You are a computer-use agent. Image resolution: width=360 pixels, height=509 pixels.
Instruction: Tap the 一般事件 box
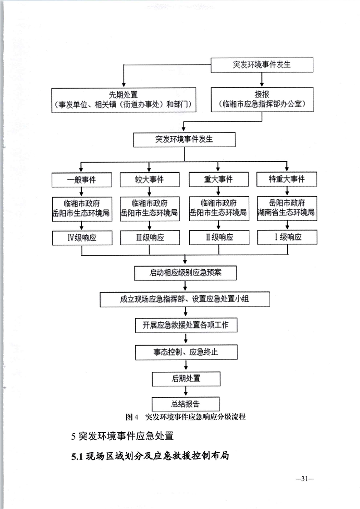[81, 179]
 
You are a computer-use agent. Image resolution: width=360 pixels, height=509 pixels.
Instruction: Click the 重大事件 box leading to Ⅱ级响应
[218, 179]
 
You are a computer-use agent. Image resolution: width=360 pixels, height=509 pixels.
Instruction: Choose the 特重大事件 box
[286, 179]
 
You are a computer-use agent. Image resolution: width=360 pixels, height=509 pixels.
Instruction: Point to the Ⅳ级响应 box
[81, 237]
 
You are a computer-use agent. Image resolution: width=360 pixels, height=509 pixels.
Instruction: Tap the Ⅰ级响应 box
[286, 237]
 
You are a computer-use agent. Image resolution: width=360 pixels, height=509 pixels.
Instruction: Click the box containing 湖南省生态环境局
[286, 208]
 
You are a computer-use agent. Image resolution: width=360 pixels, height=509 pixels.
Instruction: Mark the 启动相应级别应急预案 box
[185, 273]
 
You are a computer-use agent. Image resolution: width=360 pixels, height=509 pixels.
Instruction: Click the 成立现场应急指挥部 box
[185, 299]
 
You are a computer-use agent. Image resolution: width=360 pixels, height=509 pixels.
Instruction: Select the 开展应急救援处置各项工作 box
[185, 326]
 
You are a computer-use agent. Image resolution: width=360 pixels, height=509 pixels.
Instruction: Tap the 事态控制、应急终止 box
[185, 352]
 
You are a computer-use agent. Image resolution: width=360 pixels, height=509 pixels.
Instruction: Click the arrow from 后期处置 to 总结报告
[185, 391]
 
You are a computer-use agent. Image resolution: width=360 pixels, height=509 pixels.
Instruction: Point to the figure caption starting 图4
[185, 417]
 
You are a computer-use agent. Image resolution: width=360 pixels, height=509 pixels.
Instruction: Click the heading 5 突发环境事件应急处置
[123, 437]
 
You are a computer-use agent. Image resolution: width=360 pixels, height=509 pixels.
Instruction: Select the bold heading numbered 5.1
[149, 456]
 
